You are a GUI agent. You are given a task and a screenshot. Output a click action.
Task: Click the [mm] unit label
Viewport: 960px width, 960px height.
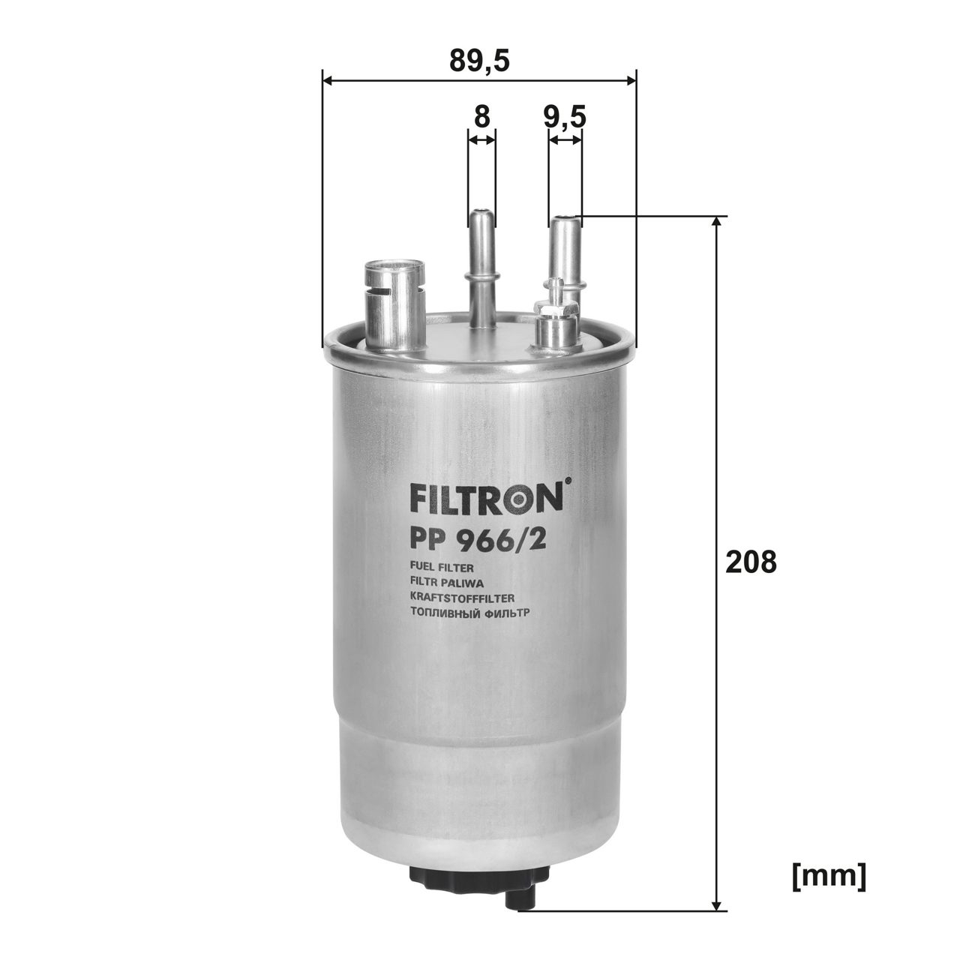[x=829, y=874]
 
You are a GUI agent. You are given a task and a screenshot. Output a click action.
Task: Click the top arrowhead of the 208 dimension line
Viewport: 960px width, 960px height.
[x=718, y=223]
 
